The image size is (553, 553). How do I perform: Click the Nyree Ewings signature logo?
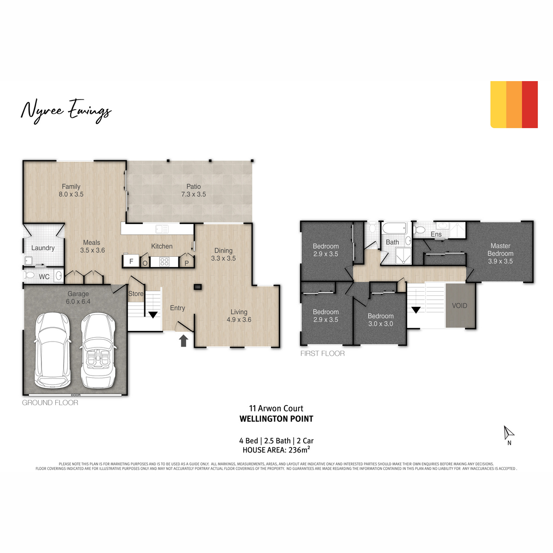[x=66, y=111]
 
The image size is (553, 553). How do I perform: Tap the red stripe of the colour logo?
[x=529, y=105]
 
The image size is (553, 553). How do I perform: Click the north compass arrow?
[x=508, y=433]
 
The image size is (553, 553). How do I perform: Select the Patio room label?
[x=194, y=190]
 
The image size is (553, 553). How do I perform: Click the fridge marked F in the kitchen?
[x=131, y=261]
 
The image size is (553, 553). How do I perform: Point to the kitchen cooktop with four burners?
[x=165, y=262]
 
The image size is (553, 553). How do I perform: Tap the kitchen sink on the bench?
[x=162, y=229]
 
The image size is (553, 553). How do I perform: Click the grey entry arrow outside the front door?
[x=183, y=341]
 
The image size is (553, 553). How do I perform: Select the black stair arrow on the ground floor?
[x=153, y=315]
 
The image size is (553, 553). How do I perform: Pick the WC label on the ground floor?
[x=44, y=276]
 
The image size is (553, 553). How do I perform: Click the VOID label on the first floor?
[x=459, y=306]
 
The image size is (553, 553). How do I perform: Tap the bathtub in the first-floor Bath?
[x=394, y=229]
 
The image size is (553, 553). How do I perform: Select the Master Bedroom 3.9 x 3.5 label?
[x=500, y=253]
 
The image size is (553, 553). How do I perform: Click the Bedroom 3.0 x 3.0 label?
[x=381, y=320]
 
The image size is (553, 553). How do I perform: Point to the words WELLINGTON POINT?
[x=276, y=419]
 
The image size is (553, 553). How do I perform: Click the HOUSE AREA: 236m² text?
[x=276, y=449]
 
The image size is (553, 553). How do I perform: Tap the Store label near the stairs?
[x=136, y=294]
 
